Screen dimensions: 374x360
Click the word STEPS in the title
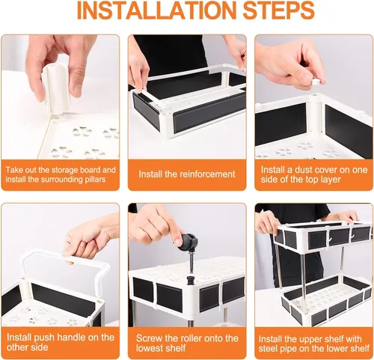(x=279, y=10)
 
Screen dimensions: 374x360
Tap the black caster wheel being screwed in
(x=189, y=242)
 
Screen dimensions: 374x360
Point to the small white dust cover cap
(x=316, y=82)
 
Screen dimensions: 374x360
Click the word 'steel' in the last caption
(x=266, y=348)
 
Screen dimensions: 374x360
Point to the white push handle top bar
(x=66, y=257)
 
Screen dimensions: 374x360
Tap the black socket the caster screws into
(x=190, y=280)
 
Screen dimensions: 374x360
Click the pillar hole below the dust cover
(x=315, y=95)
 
